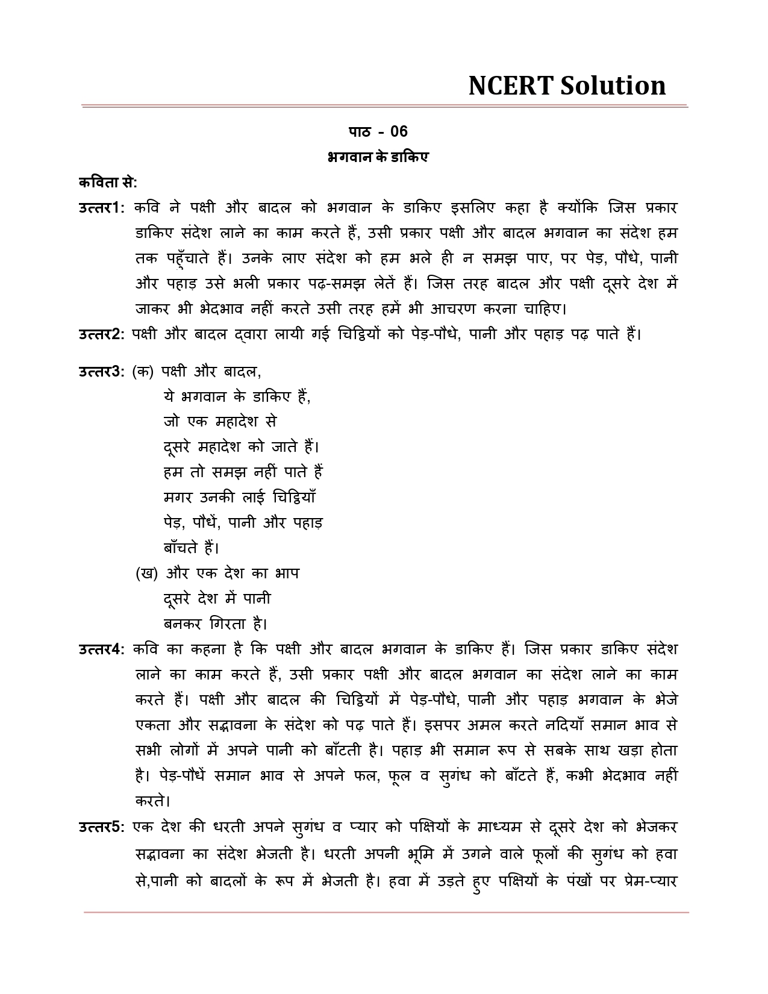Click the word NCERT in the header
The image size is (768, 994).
(511, 86)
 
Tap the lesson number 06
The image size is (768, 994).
(399, 132)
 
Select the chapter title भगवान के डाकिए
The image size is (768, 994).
(378, 158)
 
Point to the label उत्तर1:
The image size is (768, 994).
(101, 208)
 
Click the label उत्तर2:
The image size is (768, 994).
(101, 334)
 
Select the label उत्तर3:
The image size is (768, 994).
(101, 372)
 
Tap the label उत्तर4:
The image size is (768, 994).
(101, 649)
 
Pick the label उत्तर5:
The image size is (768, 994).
(101, 827)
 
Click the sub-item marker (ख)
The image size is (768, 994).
(146, 574)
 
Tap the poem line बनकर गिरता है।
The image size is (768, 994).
(215, 624)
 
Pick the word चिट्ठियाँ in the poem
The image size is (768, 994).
(294, 498)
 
